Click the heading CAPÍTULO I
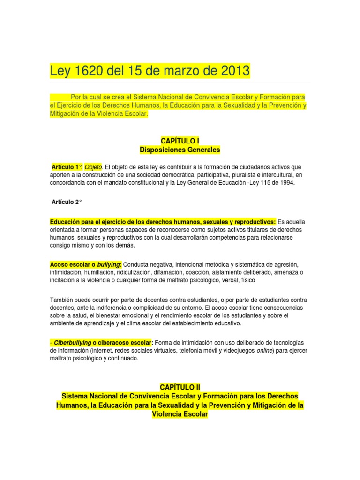180,140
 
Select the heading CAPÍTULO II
180,387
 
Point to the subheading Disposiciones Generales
180,150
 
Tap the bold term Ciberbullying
73,342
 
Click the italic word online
265,350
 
